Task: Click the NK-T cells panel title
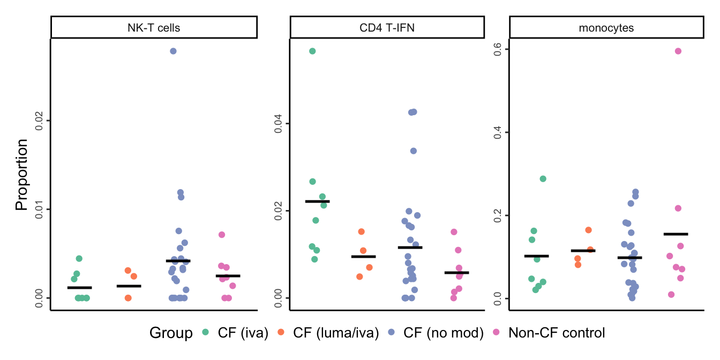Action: pyautogui.click(x=154, y=28)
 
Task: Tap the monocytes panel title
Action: pyautogui.click(x=606, y=28)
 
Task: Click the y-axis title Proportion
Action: pyautogui.click(x=21, y=175)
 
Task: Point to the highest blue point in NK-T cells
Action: pyautogui.click(x=173, y=51)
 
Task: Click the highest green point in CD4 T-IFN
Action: pyautogui.click(x=312, y=51)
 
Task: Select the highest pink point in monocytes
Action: pyautogui.click(x=678, y=51)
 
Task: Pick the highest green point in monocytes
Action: pyautogui.click(x=543, y=179)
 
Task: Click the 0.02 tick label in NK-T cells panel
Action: pyautogui.click(x=38, y=121)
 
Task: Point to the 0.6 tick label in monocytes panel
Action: pyautogui.click(x=497, y=49)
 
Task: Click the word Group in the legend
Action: pyautogui.click(x=171, y=333)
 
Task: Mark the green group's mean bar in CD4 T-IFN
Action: pyautogui.click(x=318, y=201)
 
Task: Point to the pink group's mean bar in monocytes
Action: pyautogui.click(x=676, y=234)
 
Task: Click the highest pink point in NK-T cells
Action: pyautogui.click(x=222, y=235)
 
